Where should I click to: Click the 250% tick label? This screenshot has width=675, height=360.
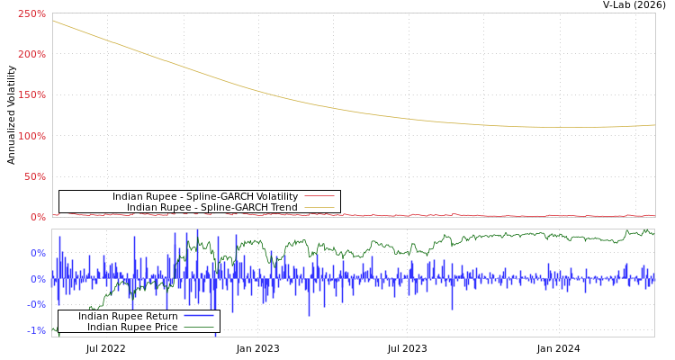[31, 14]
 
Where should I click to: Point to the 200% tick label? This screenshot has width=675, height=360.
[31, 55]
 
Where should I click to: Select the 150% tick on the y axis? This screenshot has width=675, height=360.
[31, 95]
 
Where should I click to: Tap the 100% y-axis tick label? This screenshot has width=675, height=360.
[31, 136]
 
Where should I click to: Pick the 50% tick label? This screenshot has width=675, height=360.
[34, 176]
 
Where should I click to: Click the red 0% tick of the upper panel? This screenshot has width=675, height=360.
[37, 217]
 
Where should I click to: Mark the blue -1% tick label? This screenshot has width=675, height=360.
[36, 331]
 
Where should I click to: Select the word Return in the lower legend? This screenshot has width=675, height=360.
[161, 316]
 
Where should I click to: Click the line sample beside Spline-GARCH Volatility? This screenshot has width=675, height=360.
[319, 196]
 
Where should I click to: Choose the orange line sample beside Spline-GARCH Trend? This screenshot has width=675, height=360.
[319, 207]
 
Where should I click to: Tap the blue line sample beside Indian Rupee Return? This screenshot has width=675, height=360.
[198, 316]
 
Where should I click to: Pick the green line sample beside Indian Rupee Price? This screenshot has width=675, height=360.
[198, 327]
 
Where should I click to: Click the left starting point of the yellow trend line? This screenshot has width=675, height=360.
[53, 21]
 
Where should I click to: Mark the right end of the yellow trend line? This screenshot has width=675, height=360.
[654, 125]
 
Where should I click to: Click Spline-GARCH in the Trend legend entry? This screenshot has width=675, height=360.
[230, 207]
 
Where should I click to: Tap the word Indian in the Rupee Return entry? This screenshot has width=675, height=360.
[93, 316]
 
